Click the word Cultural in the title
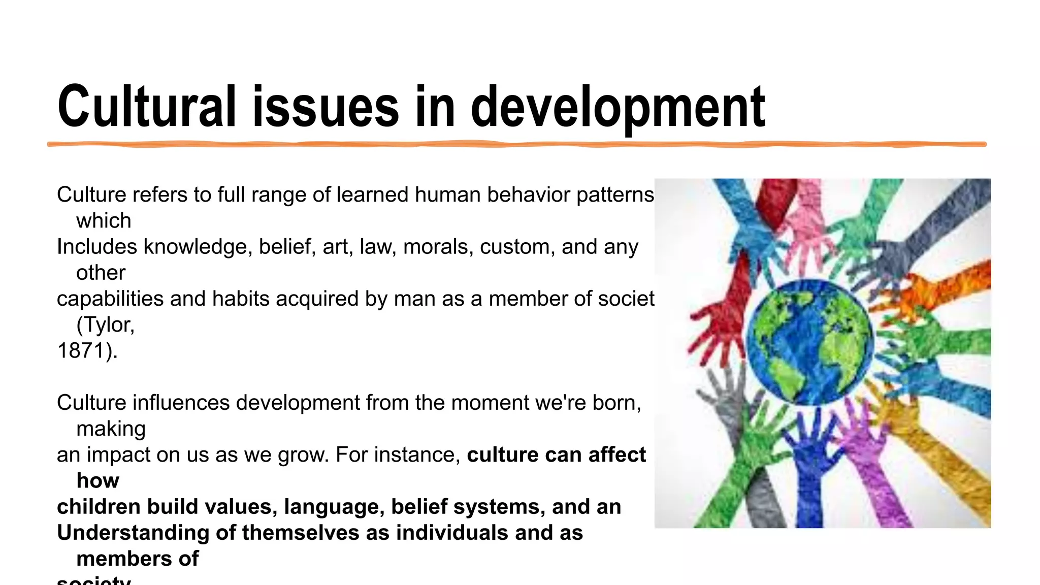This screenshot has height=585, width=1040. pyautogui.click(x=147, y=107)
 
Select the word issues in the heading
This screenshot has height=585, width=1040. pyautogui.click(x=326, y=107)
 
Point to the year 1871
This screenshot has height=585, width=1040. pyautogui.click(x=81, y=351)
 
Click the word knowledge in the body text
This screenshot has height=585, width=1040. pyautogui.click(x=198, y=247)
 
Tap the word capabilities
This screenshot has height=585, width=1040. pyautogui.click(x=110, y=299)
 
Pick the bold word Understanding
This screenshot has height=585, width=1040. pyautogui.click(x=132, y=533)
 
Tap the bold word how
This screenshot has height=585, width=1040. pyautogui.click(x=97, y=481)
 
